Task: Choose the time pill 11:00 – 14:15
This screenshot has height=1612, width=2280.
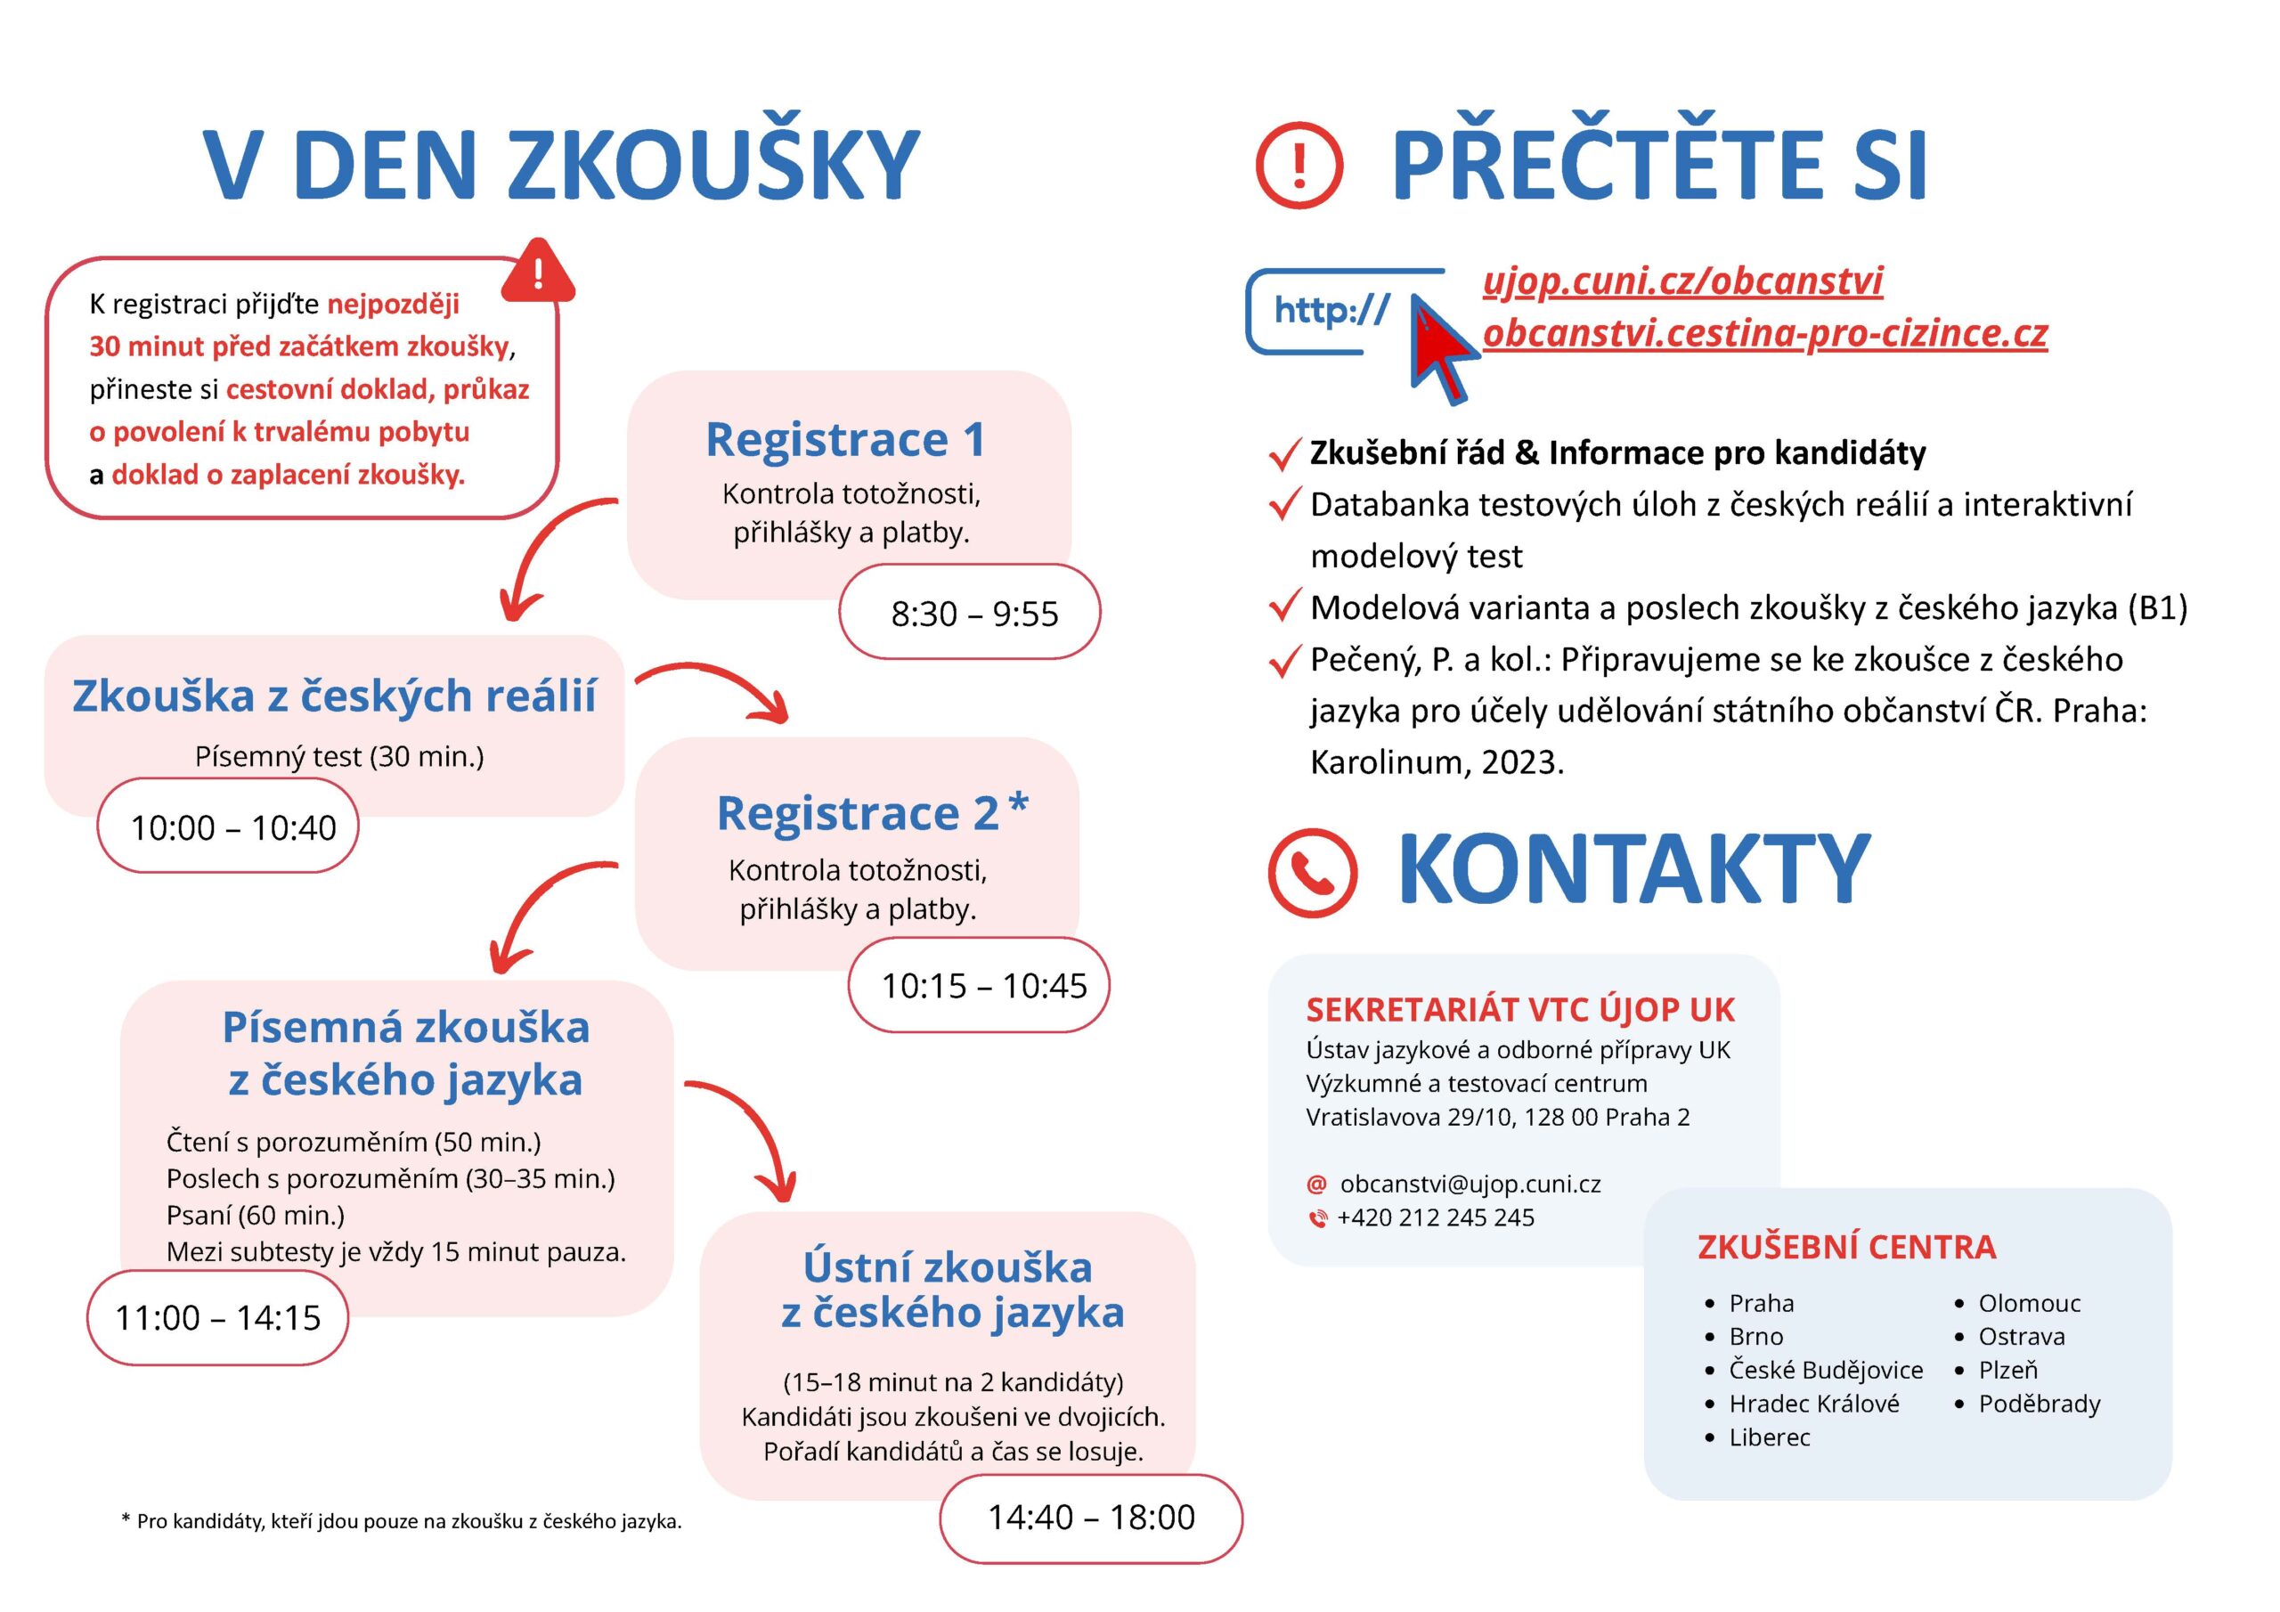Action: [x=217, y=1318]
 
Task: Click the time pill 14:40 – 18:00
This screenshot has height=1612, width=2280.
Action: [x=1090, y=1517]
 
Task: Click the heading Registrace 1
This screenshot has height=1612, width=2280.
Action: [x=845, y=439]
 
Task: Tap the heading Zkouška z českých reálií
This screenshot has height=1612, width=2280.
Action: [x=334, y=696]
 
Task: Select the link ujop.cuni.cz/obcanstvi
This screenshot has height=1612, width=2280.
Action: [x=1682, y=281]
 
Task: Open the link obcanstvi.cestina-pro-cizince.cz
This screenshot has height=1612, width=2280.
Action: [x=1764, y=333]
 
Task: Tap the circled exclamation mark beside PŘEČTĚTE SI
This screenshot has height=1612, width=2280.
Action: [x=1299, y=165]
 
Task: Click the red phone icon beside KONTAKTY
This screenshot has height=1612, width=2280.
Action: [x=1312, y=871]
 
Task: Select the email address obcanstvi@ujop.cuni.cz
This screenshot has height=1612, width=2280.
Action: [x=1470, y=1184]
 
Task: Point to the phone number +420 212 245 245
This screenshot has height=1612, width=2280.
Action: [x=1435, y=1217]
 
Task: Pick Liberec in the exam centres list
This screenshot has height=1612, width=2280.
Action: [x=1770, y=1437]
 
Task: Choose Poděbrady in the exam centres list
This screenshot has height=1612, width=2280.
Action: [x=2039, y=1404]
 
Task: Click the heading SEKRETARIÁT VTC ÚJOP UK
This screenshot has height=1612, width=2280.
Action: [x=1519, y=1010]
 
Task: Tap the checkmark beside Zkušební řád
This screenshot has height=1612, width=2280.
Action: [x=1284, y=455]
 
